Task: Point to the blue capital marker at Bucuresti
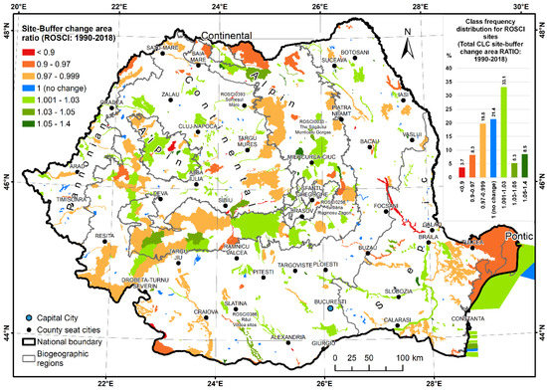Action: pos(331,308)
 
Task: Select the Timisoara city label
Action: pos(75,199)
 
